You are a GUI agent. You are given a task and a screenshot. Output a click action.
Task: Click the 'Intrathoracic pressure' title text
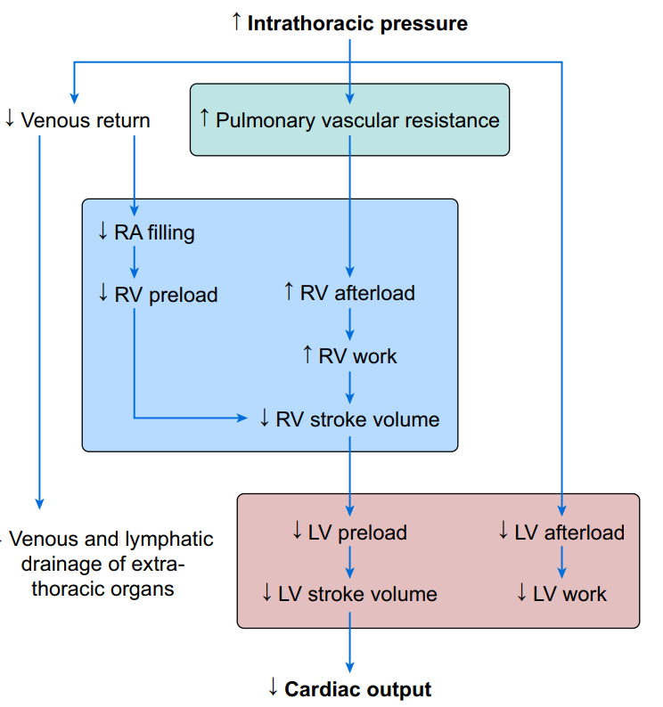click(357, 23)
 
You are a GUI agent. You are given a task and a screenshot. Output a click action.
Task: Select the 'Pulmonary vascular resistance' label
click(357, 119)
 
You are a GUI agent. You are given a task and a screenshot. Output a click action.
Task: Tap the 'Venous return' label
click(85, 119)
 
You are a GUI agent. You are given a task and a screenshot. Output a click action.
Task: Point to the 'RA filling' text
click(154, 233)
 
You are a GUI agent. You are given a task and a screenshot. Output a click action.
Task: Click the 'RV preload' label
click(166, 295)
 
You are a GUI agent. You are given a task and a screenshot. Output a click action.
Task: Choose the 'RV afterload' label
click(357, 293)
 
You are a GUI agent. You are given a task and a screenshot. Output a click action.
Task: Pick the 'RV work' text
click(361, 356)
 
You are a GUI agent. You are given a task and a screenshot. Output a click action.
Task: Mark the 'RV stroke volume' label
click(357, 419)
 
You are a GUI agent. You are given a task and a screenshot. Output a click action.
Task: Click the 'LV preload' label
click(357, 532)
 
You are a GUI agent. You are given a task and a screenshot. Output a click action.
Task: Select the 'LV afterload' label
click(569, 532)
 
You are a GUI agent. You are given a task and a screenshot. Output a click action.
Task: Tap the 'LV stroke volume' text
click(357, 593)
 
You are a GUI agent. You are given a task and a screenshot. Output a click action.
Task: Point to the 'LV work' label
click(569, 593)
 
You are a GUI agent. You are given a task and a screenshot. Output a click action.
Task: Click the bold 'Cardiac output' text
click(357, 689)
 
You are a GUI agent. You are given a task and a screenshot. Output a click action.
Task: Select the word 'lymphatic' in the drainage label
click(169, 539)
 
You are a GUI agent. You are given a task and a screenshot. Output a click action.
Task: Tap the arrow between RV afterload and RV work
click(350, 324)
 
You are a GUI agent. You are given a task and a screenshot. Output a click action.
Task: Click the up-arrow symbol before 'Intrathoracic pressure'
click(236, 22)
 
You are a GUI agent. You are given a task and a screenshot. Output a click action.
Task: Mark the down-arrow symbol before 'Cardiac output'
click(274, 688)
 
